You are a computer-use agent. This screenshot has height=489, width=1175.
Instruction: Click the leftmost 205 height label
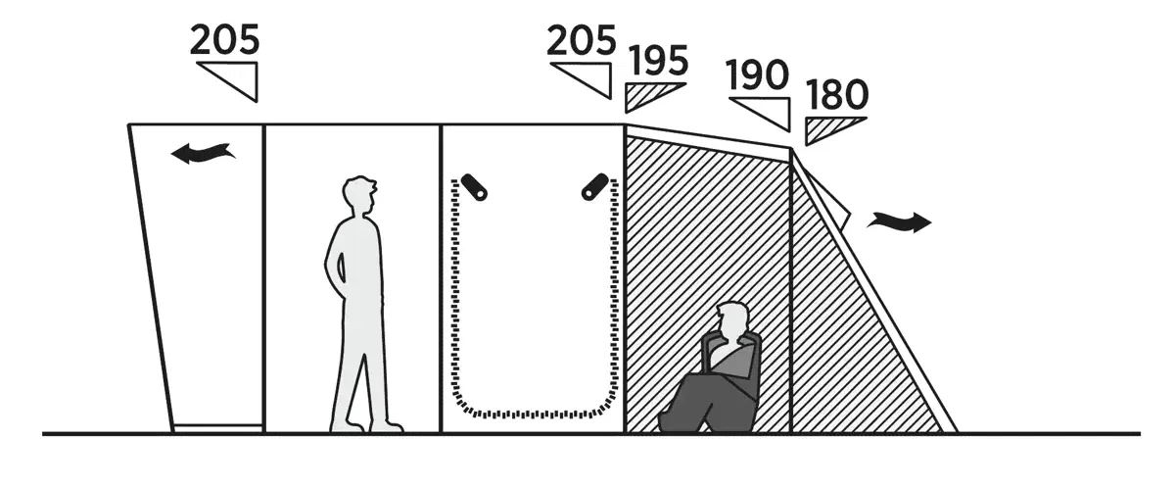[x=224, y=40]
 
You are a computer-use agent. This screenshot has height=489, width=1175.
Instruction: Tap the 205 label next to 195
[x=582, y=40]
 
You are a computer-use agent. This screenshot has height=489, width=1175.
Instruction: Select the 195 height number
[x=658, y=61]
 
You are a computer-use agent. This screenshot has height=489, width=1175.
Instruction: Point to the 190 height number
[x=758, y=75]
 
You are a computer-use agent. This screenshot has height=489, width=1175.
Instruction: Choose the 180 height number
[x=837, y=94]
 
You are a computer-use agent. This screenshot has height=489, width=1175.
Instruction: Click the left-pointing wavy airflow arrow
[x=203, y=153]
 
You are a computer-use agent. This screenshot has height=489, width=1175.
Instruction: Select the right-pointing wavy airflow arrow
[x=899, y=221]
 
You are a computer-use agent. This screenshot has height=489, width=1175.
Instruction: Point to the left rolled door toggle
[x=474, y=187]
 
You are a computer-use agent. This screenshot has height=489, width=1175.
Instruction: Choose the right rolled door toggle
[x=595, y=187]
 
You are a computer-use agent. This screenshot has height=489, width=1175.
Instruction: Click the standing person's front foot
[x=387, y=426]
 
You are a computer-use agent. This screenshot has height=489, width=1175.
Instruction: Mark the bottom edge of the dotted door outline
[x=535, y=414]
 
